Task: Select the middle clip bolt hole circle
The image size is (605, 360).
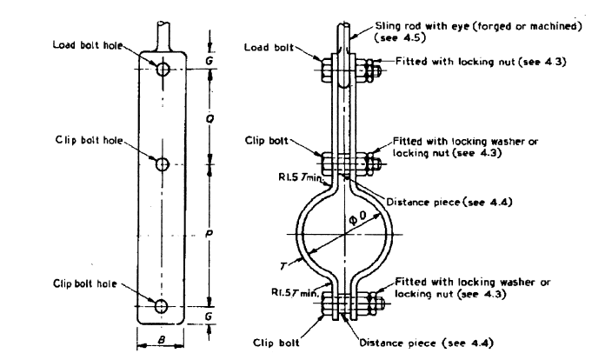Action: pyautogui.click(x=161, y=164)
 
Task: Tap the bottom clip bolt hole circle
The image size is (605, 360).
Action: pyautogui.click(x=160, y=305)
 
